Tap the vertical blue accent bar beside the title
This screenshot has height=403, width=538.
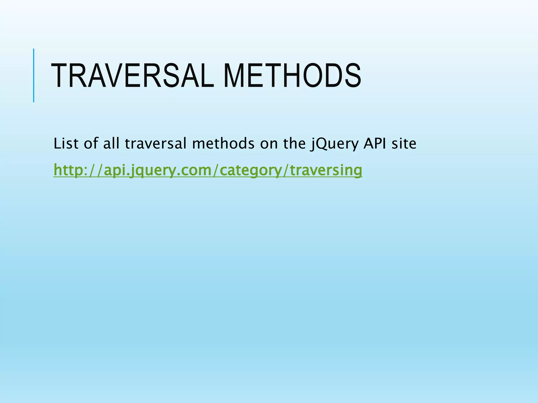tap(34, 75)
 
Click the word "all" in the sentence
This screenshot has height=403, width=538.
tap(111, 144)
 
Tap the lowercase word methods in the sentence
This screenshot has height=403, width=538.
tap(223, 144)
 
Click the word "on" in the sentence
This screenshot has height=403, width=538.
tap(269, 144)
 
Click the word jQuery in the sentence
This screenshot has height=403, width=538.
tap(334, 144)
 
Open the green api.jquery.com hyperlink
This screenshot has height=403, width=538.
tap(208, 170)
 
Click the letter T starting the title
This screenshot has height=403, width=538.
tap(59, 76)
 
